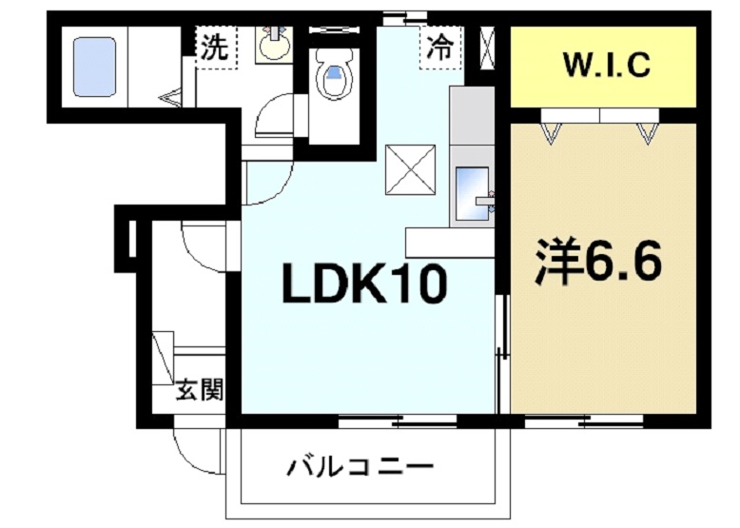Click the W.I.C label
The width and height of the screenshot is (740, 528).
606,66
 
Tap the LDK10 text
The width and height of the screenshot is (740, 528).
362,284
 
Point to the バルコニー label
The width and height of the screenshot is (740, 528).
360,467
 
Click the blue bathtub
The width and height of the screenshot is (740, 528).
95,67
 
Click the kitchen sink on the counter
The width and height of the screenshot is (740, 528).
471,194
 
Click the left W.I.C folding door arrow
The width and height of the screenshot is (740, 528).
551,130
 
